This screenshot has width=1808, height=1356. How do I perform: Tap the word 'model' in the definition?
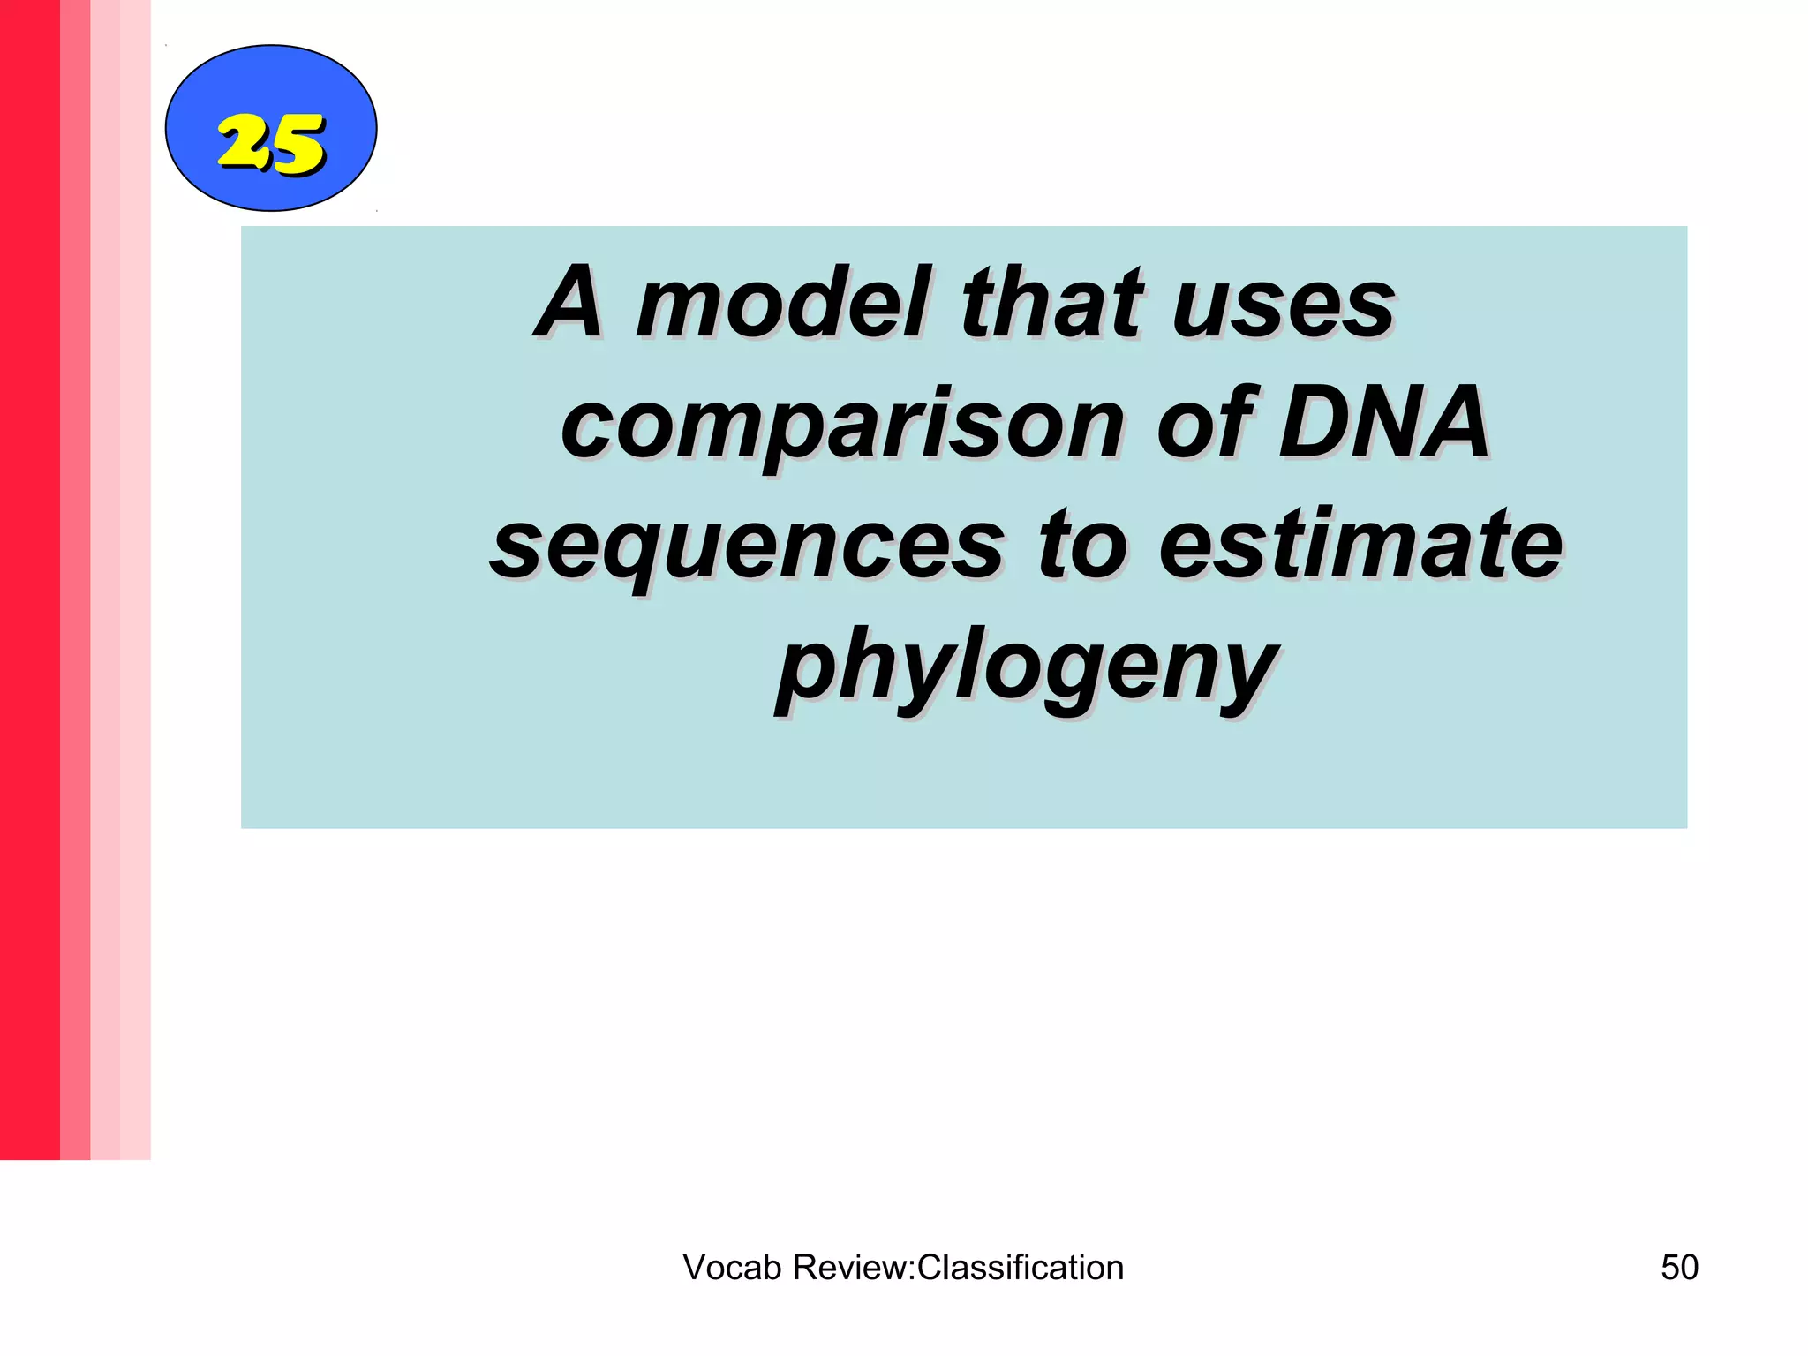tap(782, 304)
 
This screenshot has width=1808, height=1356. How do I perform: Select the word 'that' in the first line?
tap(1052, 304)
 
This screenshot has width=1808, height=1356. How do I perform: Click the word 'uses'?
tap(1284, 305)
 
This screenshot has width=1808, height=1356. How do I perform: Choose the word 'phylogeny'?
tap(1026, 669)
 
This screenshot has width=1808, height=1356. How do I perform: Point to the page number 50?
tap(1679, 1268)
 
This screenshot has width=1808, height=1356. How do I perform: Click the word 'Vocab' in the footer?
tap(732, 1268)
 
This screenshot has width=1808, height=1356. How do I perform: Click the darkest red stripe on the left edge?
tap(29, 574)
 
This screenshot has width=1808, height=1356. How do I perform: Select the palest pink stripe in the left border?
tap(136, 574)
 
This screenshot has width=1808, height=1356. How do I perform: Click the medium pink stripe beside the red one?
tap(75, 574)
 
